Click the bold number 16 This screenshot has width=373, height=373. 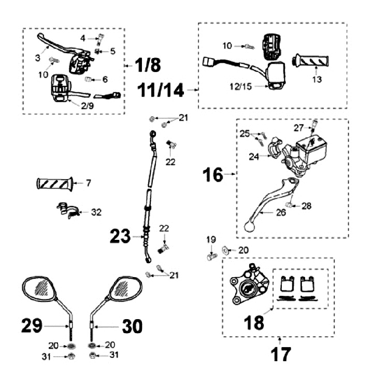[213, 175]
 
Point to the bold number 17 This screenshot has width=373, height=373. [280, 355]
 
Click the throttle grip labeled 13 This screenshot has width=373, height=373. [312, 60]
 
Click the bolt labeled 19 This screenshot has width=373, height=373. [211, 255]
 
